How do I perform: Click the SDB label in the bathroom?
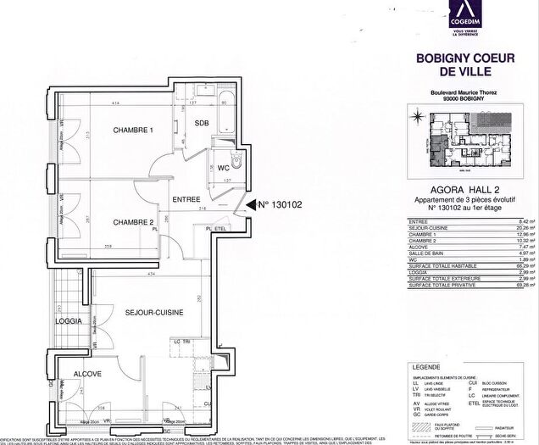click(x=202, y=123)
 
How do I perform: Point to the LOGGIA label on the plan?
click(x=69, y=321)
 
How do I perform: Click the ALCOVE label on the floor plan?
click(x=86, y=373)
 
